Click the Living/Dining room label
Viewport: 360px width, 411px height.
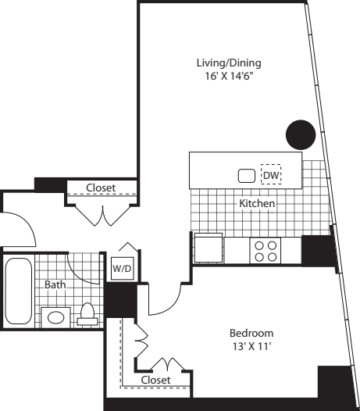click(229, 63)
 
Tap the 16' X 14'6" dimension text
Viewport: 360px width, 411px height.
click(230, 77)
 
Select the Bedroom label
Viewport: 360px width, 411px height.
click(251, 333)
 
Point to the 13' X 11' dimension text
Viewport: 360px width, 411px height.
click(251, 346)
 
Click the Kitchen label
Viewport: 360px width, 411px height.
click(257, 203)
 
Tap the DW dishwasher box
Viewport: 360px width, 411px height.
click(271, 174)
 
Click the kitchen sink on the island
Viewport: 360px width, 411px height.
click(247, 176)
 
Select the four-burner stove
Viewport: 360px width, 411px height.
click(266, 250)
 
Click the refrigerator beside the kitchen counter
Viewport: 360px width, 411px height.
click(209, 248)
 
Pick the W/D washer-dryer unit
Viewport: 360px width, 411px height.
click(123, 269)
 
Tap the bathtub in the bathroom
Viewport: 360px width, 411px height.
click(19, 291)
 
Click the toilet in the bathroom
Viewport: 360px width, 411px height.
click(87, 315)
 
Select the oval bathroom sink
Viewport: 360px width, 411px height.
click(55, 318)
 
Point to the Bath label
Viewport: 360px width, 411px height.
click(55, 284)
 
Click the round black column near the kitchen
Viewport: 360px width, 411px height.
click(301, 134)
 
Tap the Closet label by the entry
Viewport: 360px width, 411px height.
click(101, 188)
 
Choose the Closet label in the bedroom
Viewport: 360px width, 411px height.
click(155, 380)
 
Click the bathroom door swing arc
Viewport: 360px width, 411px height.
click(79, 275)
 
